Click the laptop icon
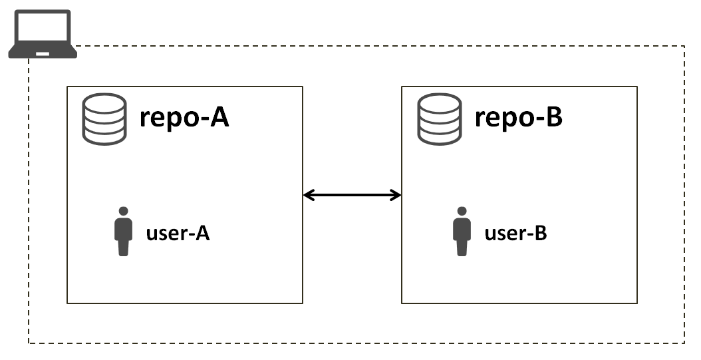pos(42,34)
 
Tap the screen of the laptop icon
pos(43,29)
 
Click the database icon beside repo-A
pos(104,120)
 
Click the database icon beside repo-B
pos(439,120)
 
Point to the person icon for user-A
pos(123,232)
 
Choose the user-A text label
pos(178,234)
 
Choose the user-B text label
pos(515,234)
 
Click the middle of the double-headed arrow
pos(352,195)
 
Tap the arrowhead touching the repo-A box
pos(309,195)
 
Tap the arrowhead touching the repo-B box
pos(396,195)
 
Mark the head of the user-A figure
pos(123,212)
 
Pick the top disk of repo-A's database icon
pos(104,103)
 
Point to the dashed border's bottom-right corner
pos(684,343)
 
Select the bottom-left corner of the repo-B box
pos(402,303)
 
